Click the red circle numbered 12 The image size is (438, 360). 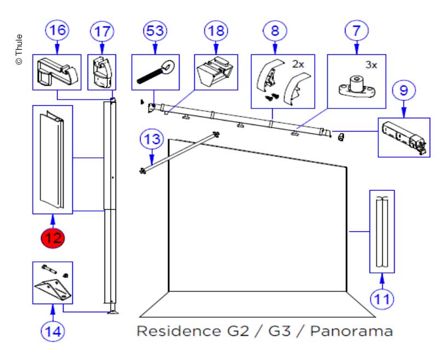[x=53, y=238]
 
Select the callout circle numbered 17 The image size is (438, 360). [x=102, y=30]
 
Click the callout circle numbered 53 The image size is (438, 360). [x=155, y=30]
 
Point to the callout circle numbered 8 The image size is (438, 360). [x=275, y=30]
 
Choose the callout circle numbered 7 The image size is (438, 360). [x=356, y=30]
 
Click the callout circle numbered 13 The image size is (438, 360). [x=152, y=139]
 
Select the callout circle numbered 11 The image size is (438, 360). [x=382, y=299]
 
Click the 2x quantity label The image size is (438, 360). [x=298, y=64]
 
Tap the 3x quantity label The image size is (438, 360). [x=371, y=64]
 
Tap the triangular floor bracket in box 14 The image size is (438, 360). [x=54, y=288]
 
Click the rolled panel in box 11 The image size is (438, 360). [x=382, y=231]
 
